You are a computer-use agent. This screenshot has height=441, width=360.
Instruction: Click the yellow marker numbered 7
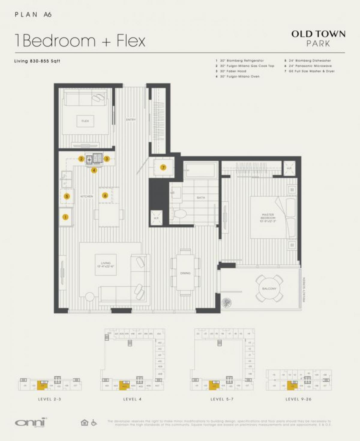pos(163,167)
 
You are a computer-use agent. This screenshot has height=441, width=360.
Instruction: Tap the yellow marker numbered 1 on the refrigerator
pos(65,217)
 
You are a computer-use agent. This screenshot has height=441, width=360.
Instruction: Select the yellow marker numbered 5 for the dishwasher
pos(67,196)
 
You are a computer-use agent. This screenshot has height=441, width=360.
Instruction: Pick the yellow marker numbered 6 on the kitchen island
pos(105,195)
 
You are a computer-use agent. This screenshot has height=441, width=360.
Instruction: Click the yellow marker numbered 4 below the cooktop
pos(94,170)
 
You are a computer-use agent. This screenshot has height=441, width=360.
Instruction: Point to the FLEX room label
pos(85,121)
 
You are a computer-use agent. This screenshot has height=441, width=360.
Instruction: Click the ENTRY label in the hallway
pos(131,120)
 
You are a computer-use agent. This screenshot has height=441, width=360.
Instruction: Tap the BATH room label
pos(201,198)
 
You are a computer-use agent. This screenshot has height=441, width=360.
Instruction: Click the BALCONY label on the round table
pos(269,288)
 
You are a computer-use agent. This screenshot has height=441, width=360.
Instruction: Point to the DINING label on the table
pos(185,273)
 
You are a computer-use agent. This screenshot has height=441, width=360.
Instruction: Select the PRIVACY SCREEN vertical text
pos(304,289)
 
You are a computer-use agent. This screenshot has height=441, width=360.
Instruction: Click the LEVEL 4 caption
pos(132,399)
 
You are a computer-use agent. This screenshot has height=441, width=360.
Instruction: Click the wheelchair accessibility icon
pos(94,423)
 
